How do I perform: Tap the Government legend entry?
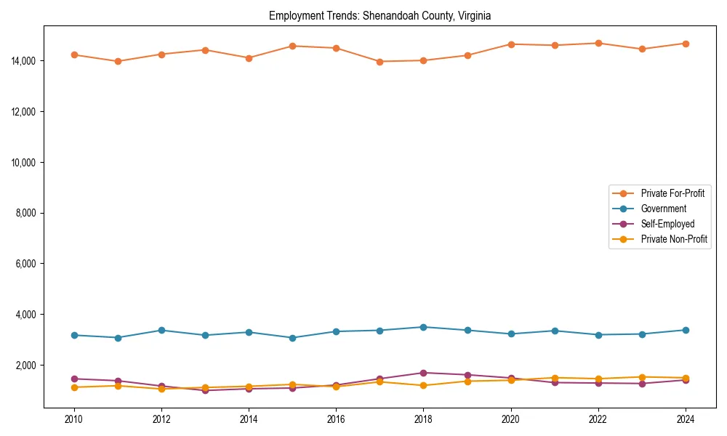pos(663,209)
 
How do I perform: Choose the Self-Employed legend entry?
pos(667,224)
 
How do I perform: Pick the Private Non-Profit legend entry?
pos(674,239)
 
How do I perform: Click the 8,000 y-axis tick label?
pos(28,213)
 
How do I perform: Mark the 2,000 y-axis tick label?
pos(28,365)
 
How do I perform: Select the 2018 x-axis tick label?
pos(424,419)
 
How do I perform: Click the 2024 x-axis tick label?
pos(686,419)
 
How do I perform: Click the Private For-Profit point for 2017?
pos(379,62)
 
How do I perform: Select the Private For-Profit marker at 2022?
pos(598,43)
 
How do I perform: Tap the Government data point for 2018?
pos(424,327)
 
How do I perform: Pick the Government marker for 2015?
pos(292,338)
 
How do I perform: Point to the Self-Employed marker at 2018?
pos(424,373)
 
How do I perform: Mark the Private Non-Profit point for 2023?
pos(642,377)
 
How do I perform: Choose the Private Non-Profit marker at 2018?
pos(424,385)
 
